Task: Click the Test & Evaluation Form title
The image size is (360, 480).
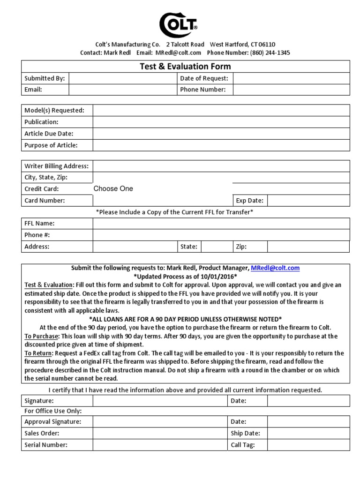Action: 185,67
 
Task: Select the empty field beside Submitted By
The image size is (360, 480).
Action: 122,78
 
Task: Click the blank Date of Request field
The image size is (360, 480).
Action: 291,78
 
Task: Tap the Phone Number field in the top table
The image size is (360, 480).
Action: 291,90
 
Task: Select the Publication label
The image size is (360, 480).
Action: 41,122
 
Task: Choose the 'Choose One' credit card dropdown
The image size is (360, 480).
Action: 113,189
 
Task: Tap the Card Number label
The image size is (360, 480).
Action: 45,201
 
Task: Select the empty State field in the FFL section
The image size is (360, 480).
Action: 216,247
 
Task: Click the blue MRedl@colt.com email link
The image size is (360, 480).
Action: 275,268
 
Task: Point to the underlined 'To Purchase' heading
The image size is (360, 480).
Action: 40,336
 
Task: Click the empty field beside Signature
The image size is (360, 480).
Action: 160,401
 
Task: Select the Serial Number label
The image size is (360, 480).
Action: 46,445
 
